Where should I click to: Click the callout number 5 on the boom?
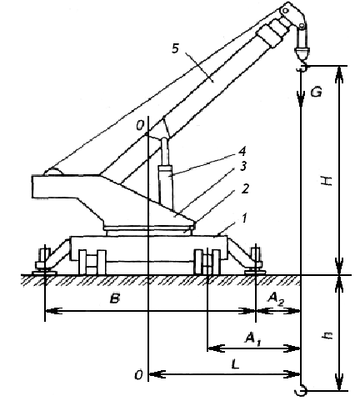176,48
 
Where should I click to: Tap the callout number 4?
242,152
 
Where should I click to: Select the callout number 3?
243,167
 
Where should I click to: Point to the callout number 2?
245,189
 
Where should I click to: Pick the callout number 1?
244,218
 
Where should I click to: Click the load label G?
317,92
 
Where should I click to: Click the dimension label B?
114,299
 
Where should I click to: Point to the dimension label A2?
276,299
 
